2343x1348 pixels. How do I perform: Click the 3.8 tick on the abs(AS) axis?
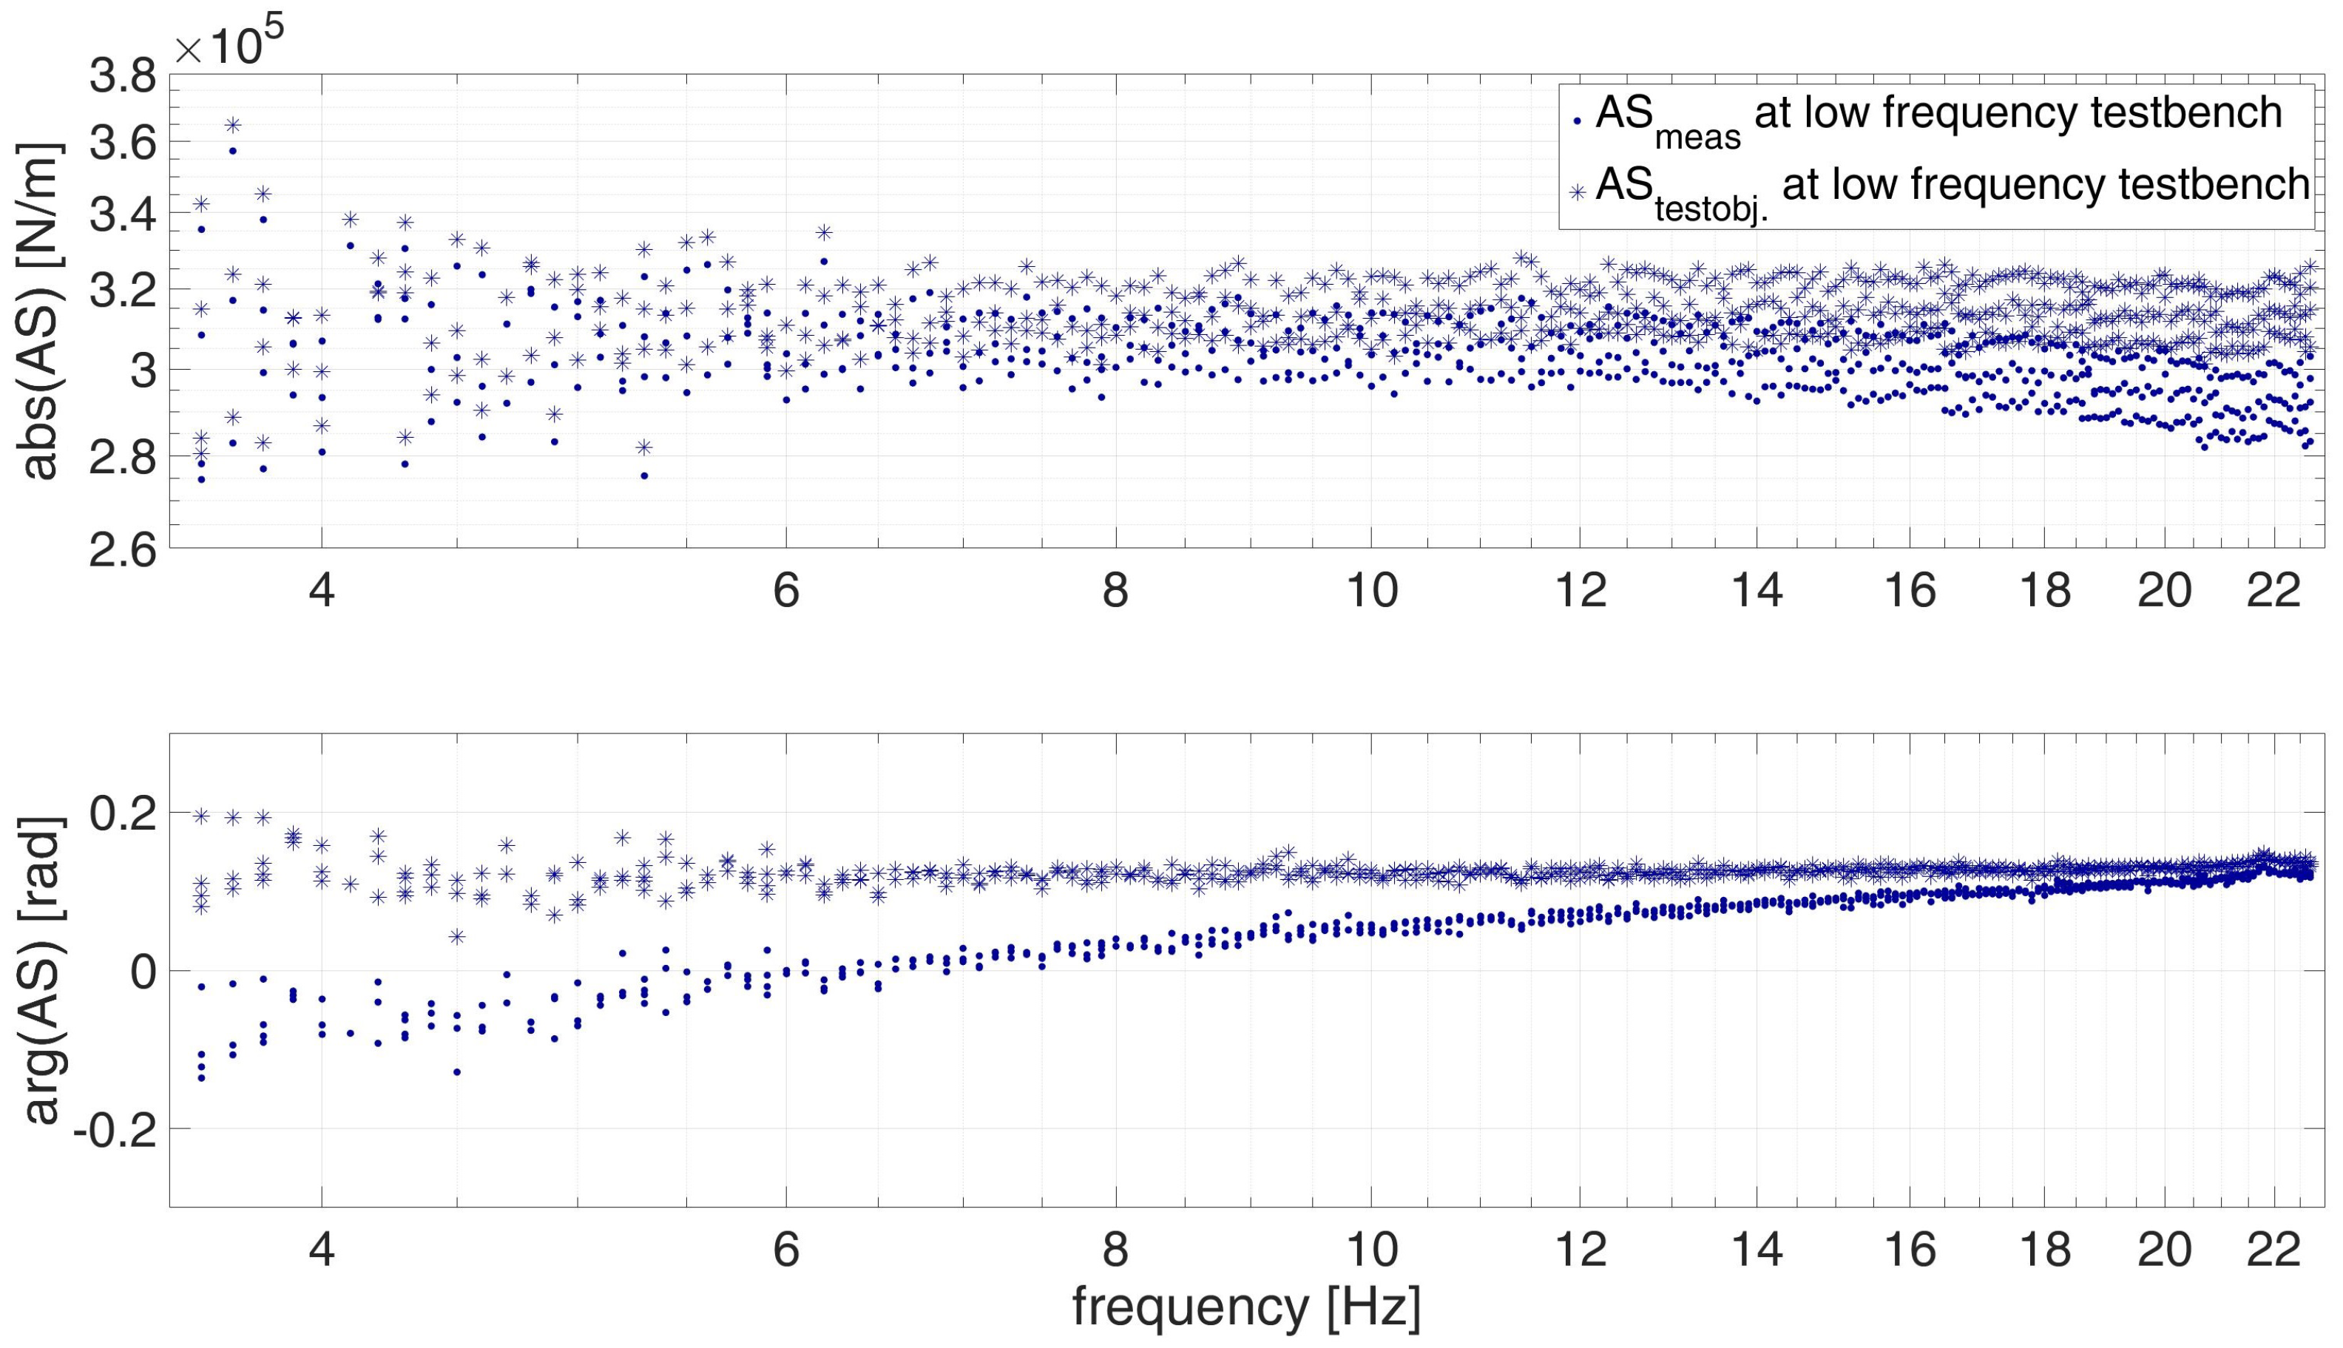(x=122, y=78)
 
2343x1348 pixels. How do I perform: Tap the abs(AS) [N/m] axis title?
(x=39, y=310)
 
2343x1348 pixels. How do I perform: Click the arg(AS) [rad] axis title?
(x=39, y=969)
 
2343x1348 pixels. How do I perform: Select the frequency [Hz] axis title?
(x=1246, y=1307)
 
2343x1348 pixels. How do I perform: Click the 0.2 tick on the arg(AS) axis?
(x=122, y=815)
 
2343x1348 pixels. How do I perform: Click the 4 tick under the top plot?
(x=321, y=590)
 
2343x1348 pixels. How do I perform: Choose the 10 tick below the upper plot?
(x=1371, y=590)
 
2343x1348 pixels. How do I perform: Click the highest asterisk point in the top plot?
(x=232, y=124)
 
